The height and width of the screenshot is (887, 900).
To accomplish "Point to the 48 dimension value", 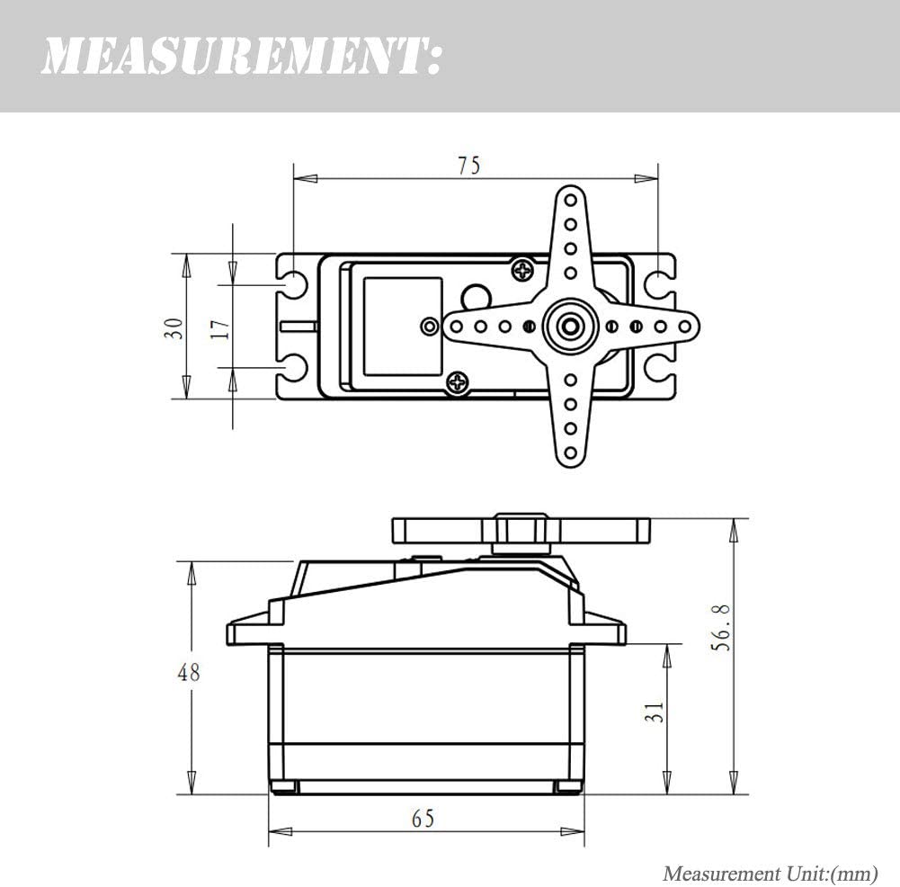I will point(189,672).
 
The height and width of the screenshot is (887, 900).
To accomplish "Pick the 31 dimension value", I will point(656,712).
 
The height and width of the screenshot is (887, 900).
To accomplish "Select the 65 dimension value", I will point(423,819).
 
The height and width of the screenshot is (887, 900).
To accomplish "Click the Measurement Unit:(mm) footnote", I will point(770,873).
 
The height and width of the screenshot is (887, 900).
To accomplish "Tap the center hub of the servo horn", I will point(570,326).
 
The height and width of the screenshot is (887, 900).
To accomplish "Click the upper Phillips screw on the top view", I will point(521,268).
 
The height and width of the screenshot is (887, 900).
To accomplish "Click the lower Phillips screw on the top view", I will point(458,383).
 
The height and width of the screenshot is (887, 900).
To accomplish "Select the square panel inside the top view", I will point(402,326).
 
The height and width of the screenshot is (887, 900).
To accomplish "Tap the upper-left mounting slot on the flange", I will point(293,285).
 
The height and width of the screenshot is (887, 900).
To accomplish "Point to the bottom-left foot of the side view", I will point(283,787).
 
